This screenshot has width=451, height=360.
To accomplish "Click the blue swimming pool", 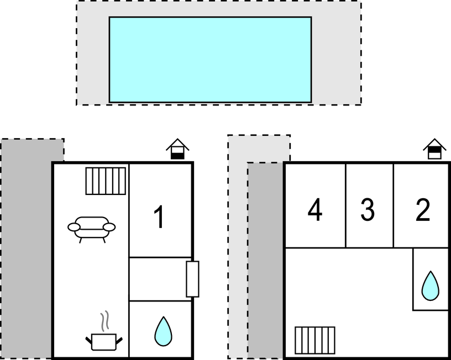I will pyautogui.click(x=210, y=60).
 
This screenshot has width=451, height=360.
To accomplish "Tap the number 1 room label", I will pyautogui.click(x=159, y=217).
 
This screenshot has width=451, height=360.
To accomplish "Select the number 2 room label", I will pyautogui.click(x=423, y=210).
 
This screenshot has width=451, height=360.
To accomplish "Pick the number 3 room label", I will pyautogui.click(x=368, y=210).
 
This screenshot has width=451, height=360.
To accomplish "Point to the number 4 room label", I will pyautogui.click(x=315, y=210).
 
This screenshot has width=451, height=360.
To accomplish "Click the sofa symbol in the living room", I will pyautogui.click(x=92, y=227).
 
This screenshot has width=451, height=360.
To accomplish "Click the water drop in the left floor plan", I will pyautogui.click(x=162, y=331).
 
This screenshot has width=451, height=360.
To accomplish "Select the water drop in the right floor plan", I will pyautogui.click(x=430, y=286).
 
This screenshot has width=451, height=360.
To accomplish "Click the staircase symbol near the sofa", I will pyautogui.click(x=106, y=181).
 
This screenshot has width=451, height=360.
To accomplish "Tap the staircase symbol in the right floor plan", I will pyautogui.click(x=315, y=340).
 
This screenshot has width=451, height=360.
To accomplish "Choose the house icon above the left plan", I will pyautogui.click(x=177, y=149).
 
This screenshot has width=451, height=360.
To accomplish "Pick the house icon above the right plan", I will pyautogui.click(x=434, y=149).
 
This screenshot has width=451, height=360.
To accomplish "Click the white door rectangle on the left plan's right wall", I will pyautogui.click(x=192, y=279).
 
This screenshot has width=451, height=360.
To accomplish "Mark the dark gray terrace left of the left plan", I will pyautogui.click(x=26, y=248).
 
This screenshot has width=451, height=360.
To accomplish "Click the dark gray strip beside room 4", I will pyautogui.click(x=265, y=260).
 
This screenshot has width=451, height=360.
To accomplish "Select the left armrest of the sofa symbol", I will pyautogui.click(x=74, y=226).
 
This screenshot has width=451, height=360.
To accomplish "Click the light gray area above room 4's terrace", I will pyautogui.click(x=258, y=148).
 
